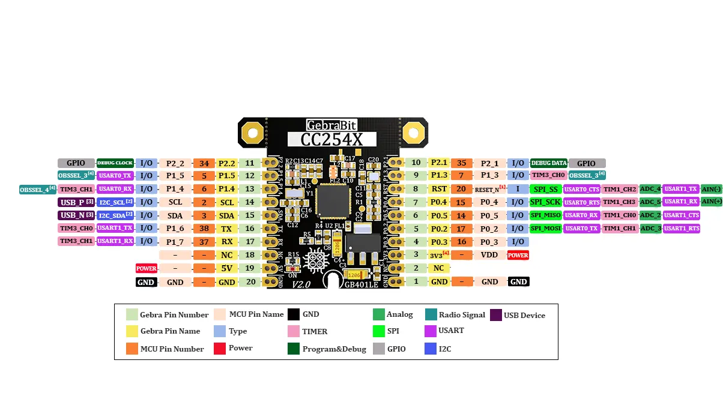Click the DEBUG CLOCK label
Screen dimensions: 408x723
[115, 163]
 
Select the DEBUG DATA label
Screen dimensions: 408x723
[549, 163]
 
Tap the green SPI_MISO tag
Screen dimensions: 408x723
[545, 215]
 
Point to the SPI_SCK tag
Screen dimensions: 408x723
[545, 202]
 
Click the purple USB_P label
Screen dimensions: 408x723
[77, 202]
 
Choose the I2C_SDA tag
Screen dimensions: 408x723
[115, 215]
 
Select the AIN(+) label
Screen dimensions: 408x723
[712, 202]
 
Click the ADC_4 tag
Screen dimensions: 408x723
[650, 189]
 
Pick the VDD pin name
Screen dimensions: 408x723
[489, 255]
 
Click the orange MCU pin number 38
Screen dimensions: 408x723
[204, 229]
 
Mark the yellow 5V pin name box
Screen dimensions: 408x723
[226, 268]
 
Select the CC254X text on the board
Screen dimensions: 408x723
[331, 139]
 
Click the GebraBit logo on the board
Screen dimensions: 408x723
[331, 125]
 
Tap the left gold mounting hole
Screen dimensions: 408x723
[253, 132]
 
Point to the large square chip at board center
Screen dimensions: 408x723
[332, 201]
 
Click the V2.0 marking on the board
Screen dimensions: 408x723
[301, 285]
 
